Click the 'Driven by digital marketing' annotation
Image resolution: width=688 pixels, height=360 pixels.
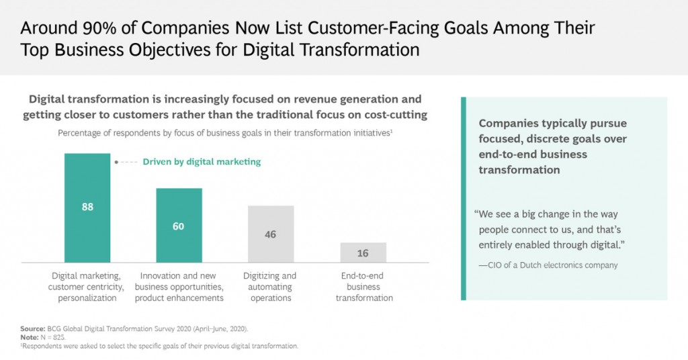click(x=202, y=162)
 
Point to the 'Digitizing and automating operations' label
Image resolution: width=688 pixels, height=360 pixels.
click(x=271, y=287)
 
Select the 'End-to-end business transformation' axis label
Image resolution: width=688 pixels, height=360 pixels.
click(x=364, y=287)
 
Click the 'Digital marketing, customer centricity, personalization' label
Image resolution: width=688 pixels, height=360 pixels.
click(x=88, y=287)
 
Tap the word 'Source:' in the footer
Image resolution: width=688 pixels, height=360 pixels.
click(x=32, y=328)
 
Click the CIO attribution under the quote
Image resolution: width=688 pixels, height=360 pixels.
click(x=548, y=265)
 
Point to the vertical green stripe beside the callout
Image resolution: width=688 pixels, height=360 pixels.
click(x=463, y=198)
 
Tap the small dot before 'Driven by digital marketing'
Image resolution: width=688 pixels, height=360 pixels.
click(x=116, y=162)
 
